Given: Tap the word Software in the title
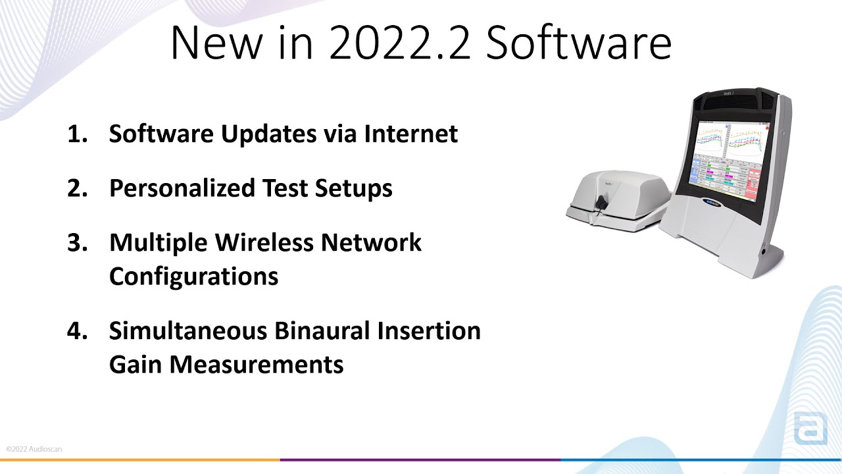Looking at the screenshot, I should point(580,42).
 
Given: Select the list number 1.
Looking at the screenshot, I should point(77,134).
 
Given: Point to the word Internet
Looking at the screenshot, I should point(411,134).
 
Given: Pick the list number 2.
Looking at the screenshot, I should point(77,188).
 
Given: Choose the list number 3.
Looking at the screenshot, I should point(77,242).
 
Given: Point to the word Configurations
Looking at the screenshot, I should point(193,276).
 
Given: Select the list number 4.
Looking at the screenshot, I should point(77,330).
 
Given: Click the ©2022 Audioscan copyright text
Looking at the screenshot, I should point(34,449).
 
